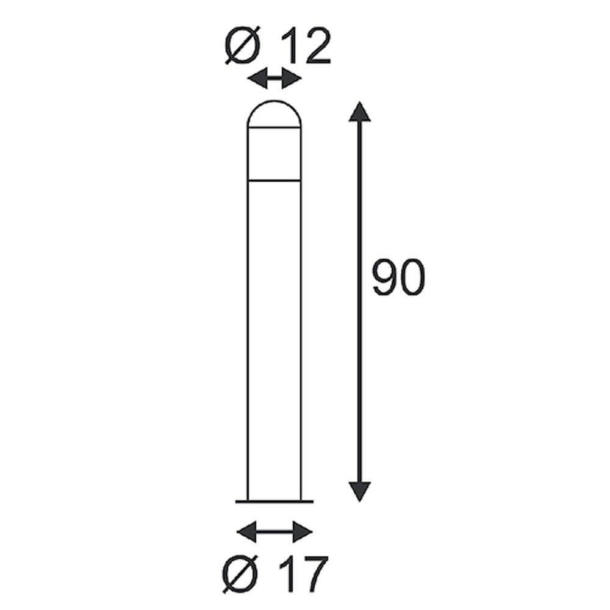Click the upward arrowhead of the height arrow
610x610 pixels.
tap(360, 113)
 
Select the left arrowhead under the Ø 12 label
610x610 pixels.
tap(256, 79)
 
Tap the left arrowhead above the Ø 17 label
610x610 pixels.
tap(246, 531)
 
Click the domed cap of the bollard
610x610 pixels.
tap(274, 113)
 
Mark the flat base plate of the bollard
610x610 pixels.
tap(274, 501)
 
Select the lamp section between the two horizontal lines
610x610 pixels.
tap(274, 154)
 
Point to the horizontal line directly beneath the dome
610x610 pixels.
tap(274, 127)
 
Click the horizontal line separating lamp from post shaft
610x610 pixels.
tap(274, 181)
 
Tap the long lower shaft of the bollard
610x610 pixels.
tap(274, 342)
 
